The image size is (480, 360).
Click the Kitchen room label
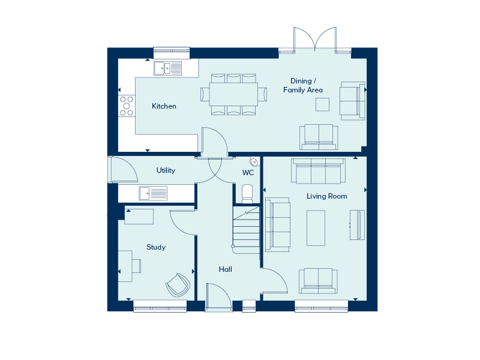(x=164, y=106)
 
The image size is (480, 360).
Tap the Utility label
(x=166, y=170)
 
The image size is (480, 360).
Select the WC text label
(x=248, y=173)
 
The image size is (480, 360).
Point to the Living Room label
(x=326, y=196)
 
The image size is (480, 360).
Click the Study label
(x=156, y=247)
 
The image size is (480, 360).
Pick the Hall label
(x=226, y=269)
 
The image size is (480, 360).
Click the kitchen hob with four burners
(x=127, y=105)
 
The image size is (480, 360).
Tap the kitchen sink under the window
(x=168, y=68)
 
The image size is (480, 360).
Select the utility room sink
(x=153, y=193)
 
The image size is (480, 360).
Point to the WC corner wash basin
(x=254, y=161)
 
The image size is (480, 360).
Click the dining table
(x=233, y=94)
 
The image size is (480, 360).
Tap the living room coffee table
(x=316, y=227)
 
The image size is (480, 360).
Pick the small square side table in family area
(x=323, y=104)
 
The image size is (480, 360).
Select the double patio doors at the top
(x=314, y=41)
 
